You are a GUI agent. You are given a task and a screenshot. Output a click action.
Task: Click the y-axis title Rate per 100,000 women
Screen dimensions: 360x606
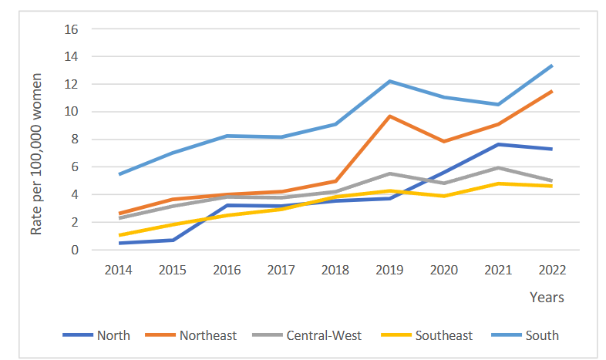point(35,139)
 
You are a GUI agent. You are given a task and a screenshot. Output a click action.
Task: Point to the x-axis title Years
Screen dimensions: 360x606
point(546,297)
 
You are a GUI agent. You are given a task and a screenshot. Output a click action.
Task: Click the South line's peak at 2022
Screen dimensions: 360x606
point(551,66)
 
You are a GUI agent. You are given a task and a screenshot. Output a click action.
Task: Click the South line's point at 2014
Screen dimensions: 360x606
point(119,174)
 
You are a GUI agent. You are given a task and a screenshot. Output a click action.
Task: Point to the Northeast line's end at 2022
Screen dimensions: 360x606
point(551,92)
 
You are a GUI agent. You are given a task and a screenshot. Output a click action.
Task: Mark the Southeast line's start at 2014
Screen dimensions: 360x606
point(119,235)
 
